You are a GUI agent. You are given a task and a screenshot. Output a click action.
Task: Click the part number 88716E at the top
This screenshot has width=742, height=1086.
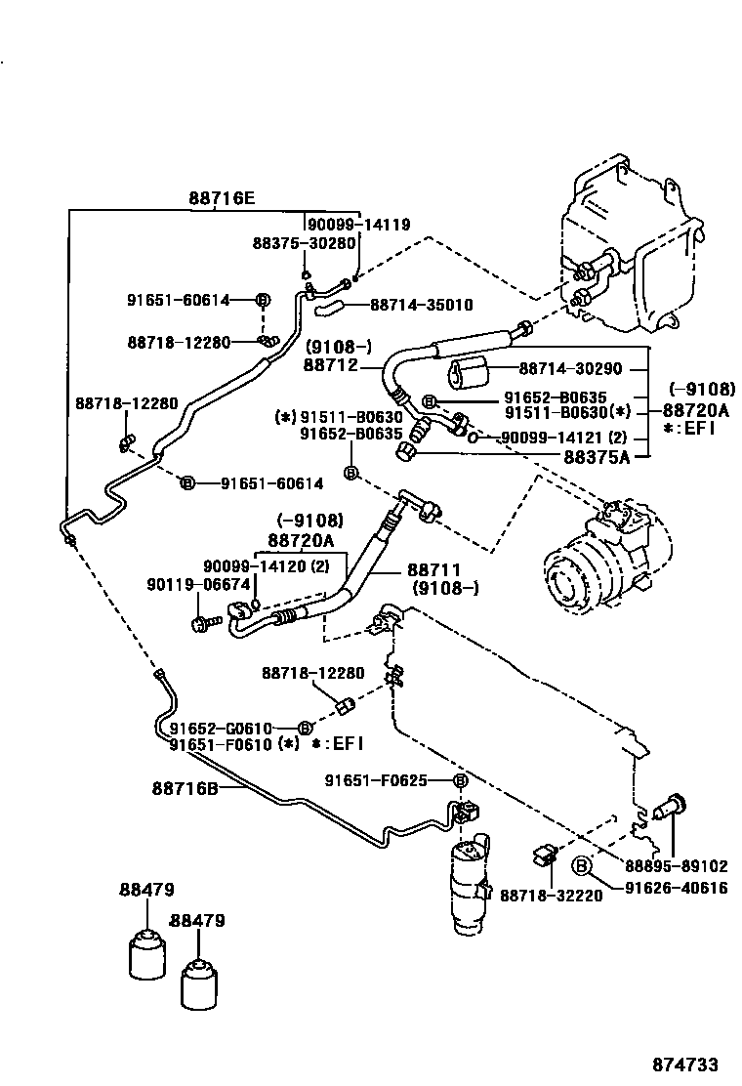click(222, 198)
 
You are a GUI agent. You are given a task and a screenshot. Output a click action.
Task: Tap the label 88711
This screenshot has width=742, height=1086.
click(433, 569)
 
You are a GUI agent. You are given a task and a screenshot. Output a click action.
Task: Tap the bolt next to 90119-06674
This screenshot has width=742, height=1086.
click(202, 621)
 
